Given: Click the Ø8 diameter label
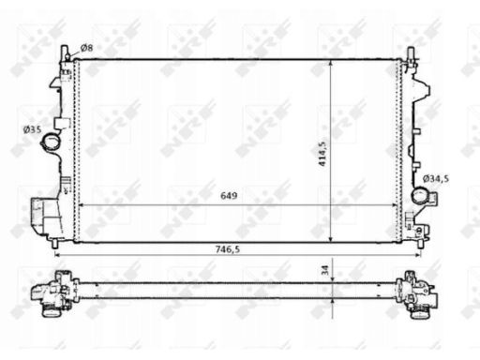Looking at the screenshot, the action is click(x=86, y=48).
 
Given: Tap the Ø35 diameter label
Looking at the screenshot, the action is click(x=32, y=129).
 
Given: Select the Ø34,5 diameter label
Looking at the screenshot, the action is click(x=436, y=179).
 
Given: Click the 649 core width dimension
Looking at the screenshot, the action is click(x=229, y=196).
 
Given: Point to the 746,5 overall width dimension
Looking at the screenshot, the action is click(x=228, y=249).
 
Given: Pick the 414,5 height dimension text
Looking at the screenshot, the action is click(x=322, y=154).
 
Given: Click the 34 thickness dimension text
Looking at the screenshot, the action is click(x=325, y=270).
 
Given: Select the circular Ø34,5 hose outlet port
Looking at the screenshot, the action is click(x=420, y=195).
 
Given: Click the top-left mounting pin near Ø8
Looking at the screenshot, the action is click(x=65, y=53).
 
